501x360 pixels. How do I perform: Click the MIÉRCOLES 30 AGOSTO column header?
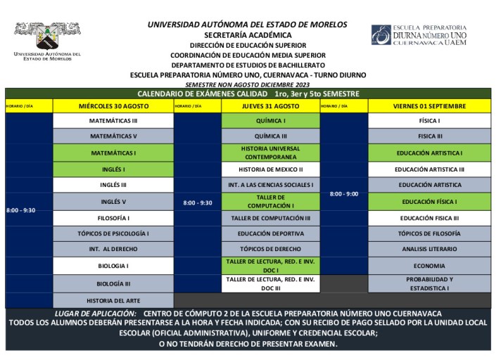(x=113, y=105)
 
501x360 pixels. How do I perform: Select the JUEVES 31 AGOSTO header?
(x=270, y=105)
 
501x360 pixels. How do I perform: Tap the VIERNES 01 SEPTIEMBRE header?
(x=429, y=105)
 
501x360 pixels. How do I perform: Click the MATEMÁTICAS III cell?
(x=113, y=121)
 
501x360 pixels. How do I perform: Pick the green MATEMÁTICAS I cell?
(x=113, y=153)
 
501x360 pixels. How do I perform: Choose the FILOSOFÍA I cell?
(x=113, y=218)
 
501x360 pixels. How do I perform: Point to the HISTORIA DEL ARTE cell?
(x=113, y=300)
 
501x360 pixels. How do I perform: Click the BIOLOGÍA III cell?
(x=113, y=283)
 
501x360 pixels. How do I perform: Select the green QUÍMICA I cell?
(x=270, y=121)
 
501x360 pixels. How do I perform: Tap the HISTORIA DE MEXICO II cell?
(x=270, y=169)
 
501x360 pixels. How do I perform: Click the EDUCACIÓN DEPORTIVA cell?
(x=270, y=233)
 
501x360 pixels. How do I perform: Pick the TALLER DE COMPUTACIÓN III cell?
(x=270, y=218)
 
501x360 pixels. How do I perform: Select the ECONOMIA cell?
(x=429, y=266)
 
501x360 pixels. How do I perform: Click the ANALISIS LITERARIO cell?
(x=429, y=249)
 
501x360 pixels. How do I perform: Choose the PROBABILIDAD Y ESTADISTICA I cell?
(x=429, y=283)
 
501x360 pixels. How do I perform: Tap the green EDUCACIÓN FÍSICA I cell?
(x=429, y=202)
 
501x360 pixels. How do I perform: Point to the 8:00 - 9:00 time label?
(x=343, y=193)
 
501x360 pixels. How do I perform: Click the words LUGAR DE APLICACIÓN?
(x=95, y=314)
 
